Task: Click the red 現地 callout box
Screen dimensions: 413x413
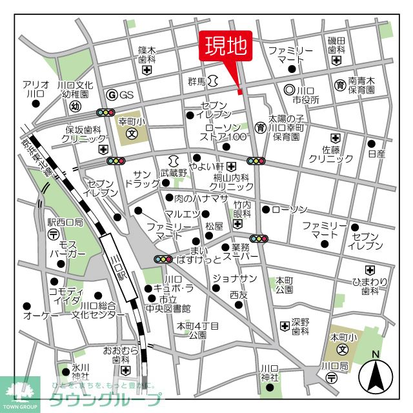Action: coord(226,46)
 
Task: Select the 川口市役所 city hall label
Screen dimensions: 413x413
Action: coord(306,95)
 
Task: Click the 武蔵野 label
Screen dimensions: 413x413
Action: coord(174,173)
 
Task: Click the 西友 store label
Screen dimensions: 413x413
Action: coord(238,294)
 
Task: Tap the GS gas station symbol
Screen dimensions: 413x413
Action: coord(112,95)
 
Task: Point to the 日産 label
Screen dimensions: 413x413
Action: coord(376,154)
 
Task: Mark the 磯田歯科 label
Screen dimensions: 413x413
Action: coord(337,45)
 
